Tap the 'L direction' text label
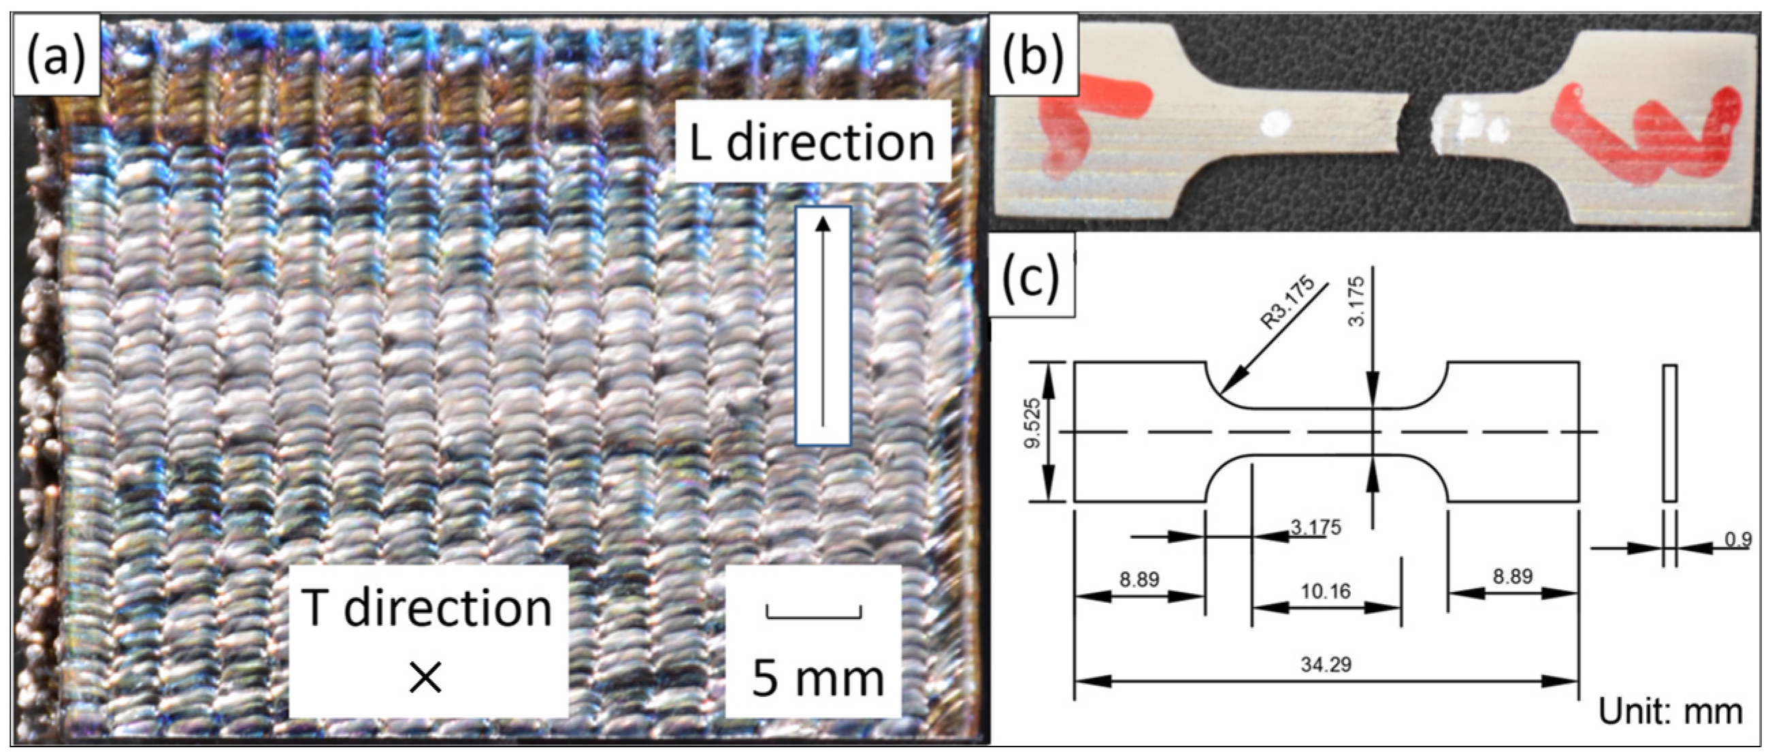pyautogui.click(x=812, y=142)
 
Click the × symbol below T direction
pyautogui.click(x=425, y=678)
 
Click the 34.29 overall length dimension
pyautogui.click(x=1325, y=664)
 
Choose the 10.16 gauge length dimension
pyautogui.click(x=1325, y=591)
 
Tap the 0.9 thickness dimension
pyautogui.click(x=1737, y=539)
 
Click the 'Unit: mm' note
pyautogui.click(x=1670, y=711)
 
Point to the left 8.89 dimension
pyautogui.click(x=1139, y=580)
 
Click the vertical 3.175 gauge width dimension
pyautogui.click(x=1358, y=301)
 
